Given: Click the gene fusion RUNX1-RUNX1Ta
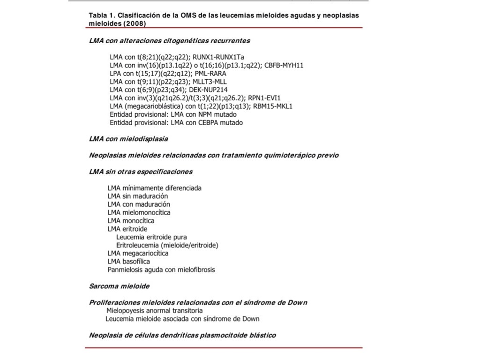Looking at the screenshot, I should [218, 57].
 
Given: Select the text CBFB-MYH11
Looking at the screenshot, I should [284, 65].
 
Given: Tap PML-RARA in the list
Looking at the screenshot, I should [210, 74].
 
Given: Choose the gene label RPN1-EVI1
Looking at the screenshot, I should [264, 98].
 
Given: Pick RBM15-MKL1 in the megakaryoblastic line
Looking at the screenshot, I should [273, 106].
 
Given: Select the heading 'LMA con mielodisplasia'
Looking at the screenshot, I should [128, 139].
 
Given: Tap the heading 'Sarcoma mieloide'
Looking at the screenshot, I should [119, 286].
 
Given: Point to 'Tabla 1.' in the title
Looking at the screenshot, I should [102, 15].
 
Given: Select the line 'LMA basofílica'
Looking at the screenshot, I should [129, 262].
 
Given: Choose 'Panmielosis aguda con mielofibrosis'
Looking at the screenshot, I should [161, 270].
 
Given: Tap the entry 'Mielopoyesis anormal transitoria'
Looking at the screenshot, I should [155, 310].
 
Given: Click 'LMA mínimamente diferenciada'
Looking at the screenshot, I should [155, 188].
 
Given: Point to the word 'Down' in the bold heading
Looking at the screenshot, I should [297, 302].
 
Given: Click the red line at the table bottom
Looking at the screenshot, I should [224, 348].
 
